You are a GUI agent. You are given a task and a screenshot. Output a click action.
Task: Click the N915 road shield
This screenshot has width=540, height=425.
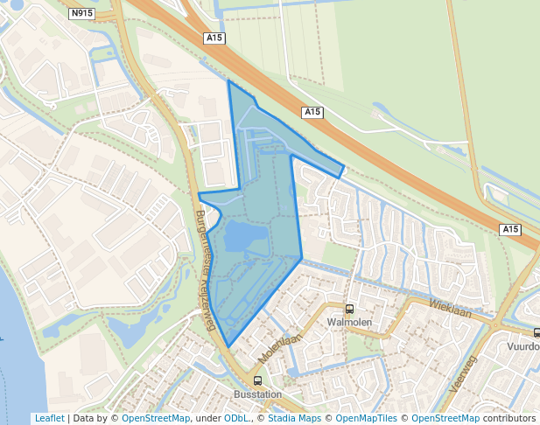81,13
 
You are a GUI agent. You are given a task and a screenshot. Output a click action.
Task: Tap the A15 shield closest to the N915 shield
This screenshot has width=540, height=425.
214,38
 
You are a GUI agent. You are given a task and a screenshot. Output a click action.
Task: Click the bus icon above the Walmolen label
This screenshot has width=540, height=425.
350,309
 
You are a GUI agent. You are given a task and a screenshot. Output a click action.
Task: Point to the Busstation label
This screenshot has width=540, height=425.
257,394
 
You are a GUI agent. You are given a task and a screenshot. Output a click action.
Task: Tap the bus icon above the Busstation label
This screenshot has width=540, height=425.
257,381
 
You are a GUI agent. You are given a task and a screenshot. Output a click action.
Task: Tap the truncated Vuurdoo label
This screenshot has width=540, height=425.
523,346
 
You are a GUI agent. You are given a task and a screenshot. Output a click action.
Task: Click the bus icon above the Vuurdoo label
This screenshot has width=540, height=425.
536,332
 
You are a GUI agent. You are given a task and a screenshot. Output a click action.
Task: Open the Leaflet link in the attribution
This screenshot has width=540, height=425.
49,418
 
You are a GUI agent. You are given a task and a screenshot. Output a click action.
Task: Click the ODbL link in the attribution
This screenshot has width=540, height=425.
236,418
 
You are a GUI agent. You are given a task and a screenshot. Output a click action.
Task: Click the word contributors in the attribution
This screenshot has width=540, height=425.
509,418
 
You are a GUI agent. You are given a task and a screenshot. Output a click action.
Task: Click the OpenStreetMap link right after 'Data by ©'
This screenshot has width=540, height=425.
156,418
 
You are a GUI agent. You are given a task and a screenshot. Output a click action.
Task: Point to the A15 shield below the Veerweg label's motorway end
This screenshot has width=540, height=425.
511,229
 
